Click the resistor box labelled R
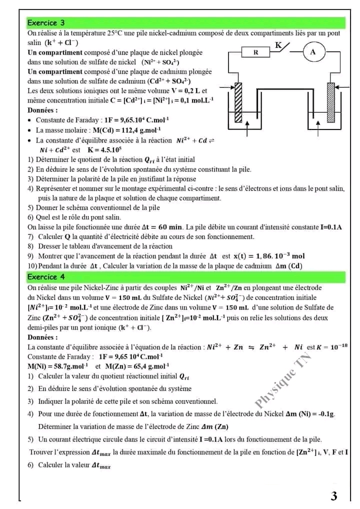[x=256, y=51]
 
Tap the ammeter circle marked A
[x=313, y=51]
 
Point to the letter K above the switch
[x=278, y=45]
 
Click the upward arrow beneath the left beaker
[x=248, y=129]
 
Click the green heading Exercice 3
[x=46, y=23]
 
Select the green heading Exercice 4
[x=46, y=276]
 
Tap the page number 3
[x=334, y=496]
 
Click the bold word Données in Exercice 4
[x=42, y=337]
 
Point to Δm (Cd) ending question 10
[x=289, y=265]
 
